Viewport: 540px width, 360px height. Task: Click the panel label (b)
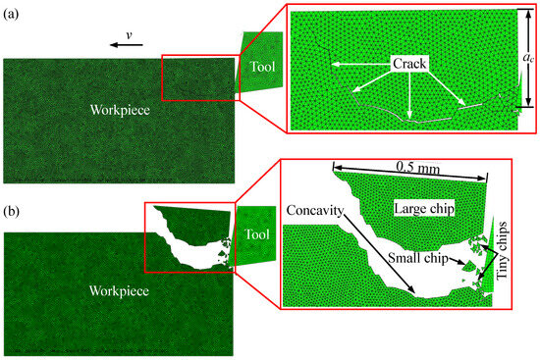pyautogui.click(x=13, y=182)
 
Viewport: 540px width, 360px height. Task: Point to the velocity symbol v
pyautogui.click(x=128, y=34)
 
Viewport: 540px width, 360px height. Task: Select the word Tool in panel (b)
pyautogui.click(x=258, y=235)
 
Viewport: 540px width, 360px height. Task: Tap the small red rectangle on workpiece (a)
pyautogui.click(x=194, y=78)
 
